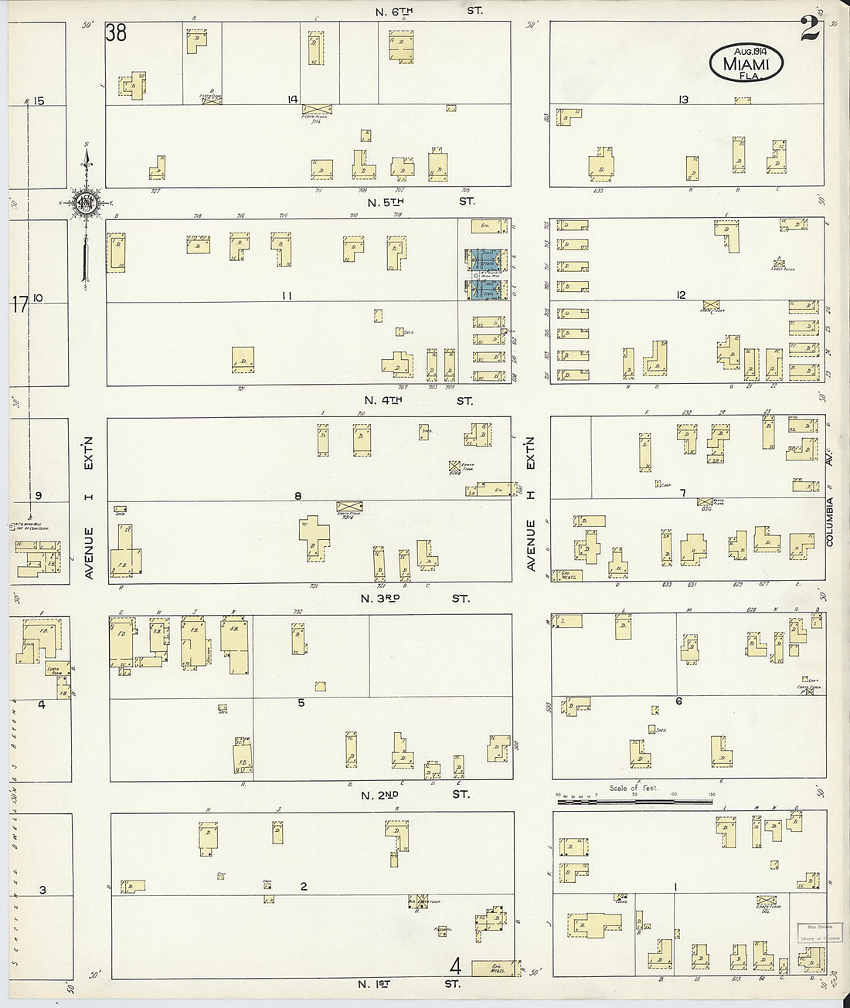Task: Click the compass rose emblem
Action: click(x=83, y=202)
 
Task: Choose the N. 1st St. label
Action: click(x=410, y=984)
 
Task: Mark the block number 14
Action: click(x=293, y=99)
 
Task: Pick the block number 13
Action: click(x=683, y=99)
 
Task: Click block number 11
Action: click(x=287, y=295)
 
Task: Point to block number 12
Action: click(x=681, y=294)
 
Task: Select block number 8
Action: click(x=297, y=496)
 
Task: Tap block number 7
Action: click(x=683, y=493)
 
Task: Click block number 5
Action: click(x=301, y=702)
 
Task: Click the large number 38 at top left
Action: click(x=117, y=33)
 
